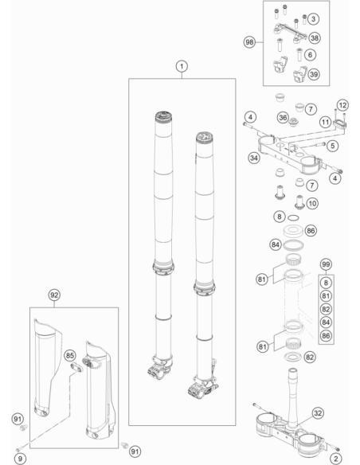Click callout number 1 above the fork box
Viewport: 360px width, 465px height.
click(182, 66)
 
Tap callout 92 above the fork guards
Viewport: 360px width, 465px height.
click(54, 295)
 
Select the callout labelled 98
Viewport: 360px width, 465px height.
click(249, 42)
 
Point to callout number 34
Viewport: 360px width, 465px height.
click(254, 158)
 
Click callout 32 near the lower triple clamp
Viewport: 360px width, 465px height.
click(318, 412)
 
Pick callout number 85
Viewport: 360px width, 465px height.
click(69, 355)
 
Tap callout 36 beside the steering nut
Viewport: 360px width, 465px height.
click(283, 118)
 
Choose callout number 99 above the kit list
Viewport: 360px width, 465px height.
click(326, 264)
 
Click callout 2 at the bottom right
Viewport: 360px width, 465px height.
click(336, 459)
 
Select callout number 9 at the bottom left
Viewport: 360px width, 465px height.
click(20, 459)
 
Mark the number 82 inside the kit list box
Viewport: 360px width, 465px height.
click(326, 309)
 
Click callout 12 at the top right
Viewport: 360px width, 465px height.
click(342, 105)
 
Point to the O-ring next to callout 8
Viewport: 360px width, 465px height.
click(293, 218)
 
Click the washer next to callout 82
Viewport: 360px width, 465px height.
click(292, 357)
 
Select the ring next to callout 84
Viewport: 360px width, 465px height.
click(293, 245)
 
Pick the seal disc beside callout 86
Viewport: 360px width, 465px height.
click(293, 231)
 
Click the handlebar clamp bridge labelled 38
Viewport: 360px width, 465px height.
click(290, 32)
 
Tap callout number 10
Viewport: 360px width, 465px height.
click(312, 204)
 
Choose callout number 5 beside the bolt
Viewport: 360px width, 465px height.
click(332, 146)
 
